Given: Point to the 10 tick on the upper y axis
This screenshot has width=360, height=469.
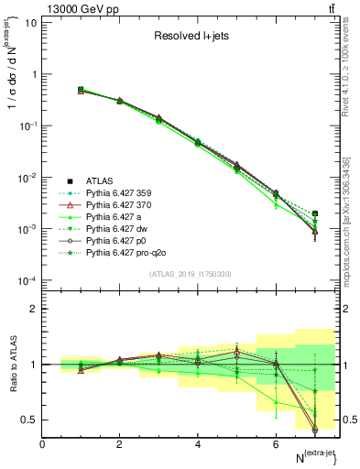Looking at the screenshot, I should click(30, 22).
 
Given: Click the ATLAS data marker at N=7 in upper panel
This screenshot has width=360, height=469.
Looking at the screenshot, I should click(315, 213).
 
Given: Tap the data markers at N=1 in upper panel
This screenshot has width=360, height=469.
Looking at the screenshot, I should click(81, 90).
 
